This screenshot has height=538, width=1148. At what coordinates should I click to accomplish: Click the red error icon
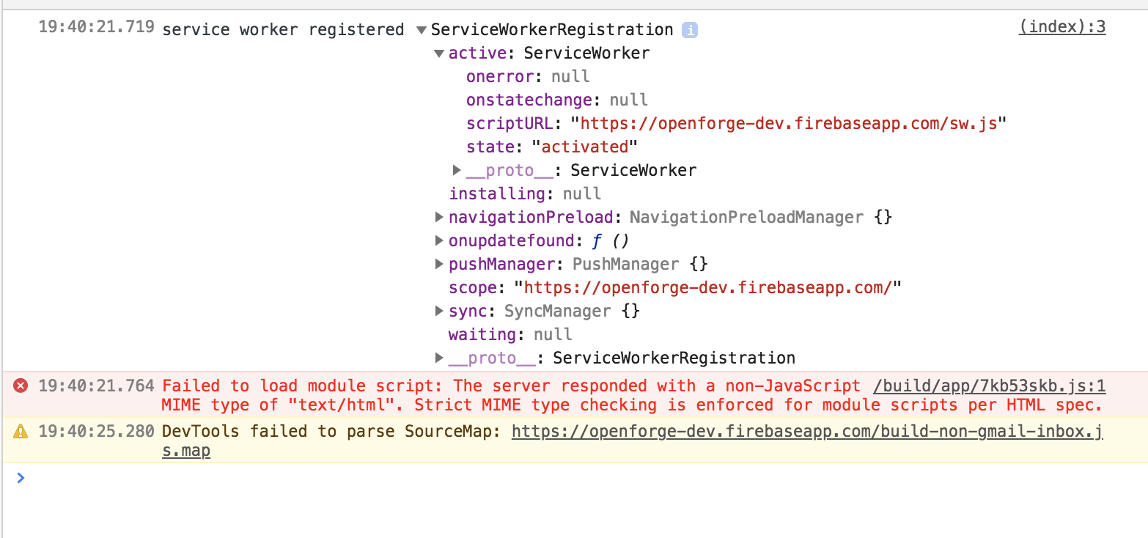click(x=21, y=386)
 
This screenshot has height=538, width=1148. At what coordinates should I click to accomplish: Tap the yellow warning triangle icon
click(x=21, y=432)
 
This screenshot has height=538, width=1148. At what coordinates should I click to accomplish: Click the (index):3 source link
click(x=1061, y=28)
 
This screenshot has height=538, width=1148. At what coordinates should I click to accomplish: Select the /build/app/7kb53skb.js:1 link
click(x=979, y=386)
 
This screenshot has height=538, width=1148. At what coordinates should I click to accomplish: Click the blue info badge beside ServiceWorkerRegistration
click(x=689, y=30)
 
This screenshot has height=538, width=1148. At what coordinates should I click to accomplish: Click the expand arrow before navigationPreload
click(x=439, y=217)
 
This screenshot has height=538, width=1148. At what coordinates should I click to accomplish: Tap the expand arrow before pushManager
click(x=439, y=264)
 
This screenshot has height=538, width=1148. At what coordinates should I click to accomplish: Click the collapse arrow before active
click(x=439, y=54)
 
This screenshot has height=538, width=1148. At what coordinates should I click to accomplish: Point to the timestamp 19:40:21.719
click(x=96, y=29)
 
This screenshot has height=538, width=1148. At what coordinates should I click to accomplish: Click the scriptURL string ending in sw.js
click(x=789, y=123)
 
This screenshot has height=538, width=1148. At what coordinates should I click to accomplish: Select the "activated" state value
click(x=584, y=147)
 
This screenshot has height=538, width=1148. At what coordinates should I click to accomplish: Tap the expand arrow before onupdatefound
click(x=439, y=240)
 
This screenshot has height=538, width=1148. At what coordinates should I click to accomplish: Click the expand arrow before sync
click(x=439, y=311)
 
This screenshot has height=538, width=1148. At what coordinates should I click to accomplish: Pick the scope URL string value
click(x=707, y=287)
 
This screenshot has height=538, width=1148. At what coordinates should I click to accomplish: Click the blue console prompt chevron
click(x=21, y=478)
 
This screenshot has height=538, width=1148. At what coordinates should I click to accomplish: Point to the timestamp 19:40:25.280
click(x=96, y=431)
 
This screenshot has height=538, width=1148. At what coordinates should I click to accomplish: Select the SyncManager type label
click(x=557, y=311)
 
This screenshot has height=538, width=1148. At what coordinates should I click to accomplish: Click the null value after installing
click(x=582, y=194)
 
